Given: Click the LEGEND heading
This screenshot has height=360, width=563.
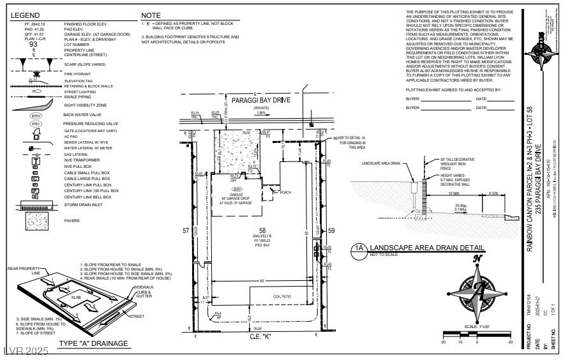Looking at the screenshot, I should (x=25, y=14).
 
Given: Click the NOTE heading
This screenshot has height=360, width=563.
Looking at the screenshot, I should (x=151, y=14).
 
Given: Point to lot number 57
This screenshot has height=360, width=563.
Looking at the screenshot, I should (x=186, y=230).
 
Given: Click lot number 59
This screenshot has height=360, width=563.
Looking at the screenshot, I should (x=331, y=230).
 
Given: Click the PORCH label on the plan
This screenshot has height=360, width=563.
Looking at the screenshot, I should (x=285, y=191).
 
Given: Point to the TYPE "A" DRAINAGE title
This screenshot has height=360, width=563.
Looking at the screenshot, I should (x=93, y=343).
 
